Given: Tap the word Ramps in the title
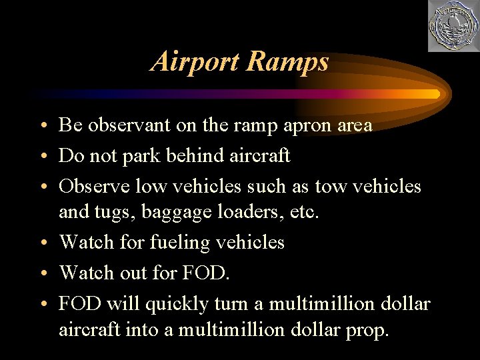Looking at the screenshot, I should [x=287, y=61].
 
